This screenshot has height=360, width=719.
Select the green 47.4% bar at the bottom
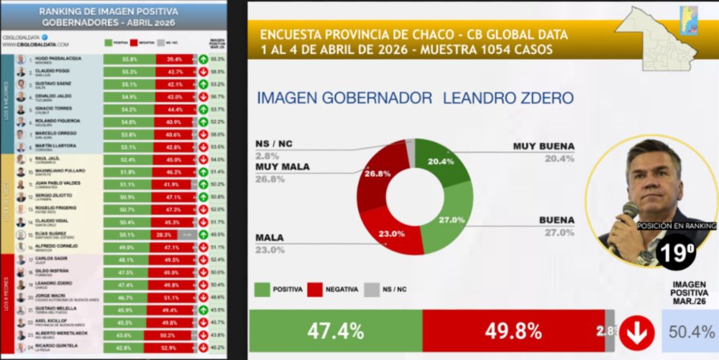[335, 331]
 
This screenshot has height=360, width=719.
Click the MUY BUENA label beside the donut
[544, 146]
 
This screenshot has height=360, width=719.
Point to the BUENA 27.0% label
[553, 225]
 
